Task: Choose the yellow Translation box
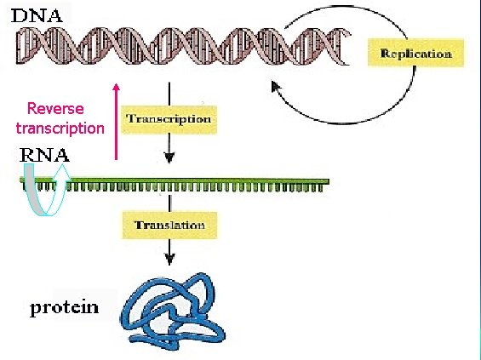click(169, 226)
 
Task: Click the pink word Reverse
click(56, 109)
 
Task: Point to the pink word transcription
click(60, 129)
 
